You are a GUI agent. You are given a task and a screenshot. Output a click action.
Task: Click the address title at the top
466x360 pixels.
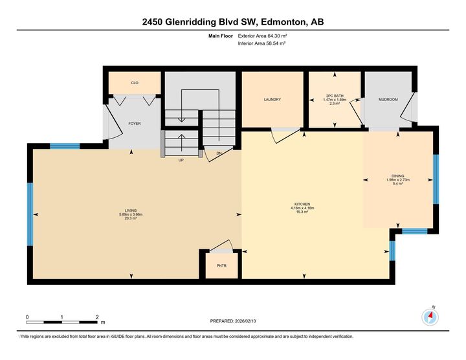[233, 22]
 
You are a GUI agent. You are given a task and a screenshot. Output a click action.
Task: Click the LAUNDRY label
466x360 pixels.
[272, 100]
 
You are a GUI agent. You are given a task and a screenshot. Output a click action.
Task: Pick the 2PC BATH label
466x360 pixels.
[335, 96]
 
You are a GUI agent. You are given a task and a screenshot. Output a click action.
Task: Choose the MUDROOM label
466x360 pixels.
[388, 100]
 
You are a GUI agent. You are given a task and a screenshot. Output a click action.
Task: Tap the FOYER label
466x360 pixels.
[135, 123]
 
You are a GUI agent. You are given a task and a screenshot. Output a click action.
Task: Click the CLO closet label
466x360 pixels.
[134, 83]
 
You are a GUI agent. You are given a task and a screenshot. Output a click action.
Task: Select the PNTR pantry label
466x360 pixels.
[221, 265]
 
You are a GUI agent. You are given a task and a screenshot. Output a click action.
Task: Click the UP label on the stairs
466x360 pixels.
[182, 160]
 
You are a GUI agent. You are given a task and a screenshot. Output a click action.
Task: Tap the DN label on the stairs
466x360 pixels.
[219, 153]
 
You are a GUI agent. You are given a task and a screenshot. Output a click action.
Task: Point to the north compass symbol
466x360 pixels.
[430, 317]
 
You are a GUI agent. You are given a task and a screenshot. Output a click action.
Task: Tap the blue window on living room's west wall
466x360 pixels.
[30, 214]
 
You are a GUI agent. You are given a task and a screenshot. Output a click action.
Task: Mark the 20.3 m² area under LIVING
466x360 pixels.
[132, 218]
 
